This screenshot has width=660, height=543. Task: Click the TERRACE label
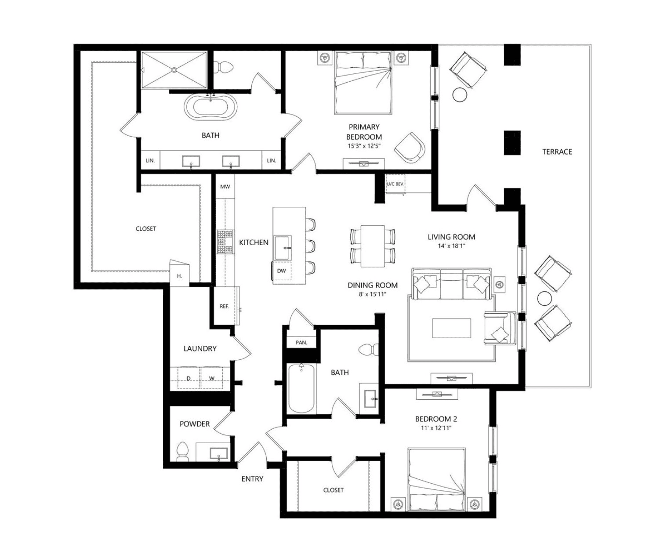click(x=557, y=152)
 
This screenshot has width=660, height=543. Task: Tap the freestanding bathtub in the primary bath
click(x=210, y=106)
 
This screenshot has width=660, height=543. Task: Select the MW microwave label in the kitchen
click(x=225, y=187)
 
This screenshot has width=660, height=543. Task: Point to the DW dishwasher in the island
click(x=281, y=271)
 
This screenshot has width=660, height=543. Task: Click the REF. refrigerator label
click(x=225, y=306)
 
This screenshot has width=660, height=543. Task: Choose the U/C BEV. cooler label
click(x=395, y=184)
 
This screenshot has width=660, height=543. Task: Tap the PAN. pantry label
click(x=301, y=342)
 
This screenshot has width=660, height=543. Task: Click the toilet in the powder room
click(x=182, y=452)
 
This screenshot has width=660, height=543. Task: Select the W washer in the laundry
click(x=212, y=378)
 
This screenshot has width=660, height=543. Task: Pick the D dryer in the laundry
click(x=189, y=378)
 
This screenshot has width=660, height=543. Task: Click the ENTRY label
click(x=252, y=479)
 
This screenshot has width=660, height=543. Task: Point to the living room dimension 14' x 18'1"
click(x=451, y=246)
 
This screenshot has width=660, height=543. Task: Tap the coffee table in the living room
click(x=451, y=328)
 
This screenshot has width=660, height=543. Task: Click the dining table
click(x=373, y=246)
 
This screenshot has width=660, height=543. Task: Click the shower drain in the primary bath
click(x=174, y=70)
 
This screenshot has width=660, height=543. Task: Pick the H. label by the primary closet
click(x=179, y=276)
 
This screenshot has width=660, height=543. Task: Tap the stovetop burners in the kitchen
click(x=225, y=241)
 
